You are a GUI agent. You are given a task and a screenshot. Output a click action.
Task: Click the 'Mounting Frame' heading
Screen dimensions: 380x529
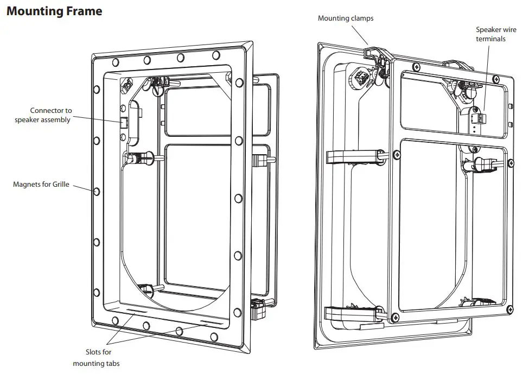coord(54,11)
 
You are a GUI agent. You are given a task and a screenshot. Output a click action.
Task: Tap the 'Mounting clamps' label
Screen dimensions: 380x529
coord(345,18)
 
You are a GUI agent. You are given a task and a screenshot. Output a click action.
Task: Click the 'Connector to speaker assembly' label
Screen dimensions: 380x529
coord(43,115)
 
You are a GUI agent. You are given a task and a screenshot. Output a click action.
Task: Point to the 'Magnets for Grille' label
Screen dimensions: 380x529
coord(41,185)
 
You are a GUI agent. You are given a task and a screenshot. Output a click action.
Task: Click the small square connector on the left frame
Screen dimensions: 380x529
coord(123,122)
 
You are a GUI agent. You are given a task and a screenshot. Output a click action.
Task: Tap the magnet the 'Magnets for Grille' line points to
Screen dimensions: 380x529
coord(97,192)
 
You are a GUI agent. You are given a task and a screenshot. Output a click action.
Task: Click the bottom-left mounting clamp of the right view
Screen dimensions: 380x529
coord(347,314)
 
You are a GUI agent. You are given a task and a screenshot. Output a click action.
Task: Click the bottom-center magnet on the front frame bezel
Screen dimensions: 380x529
coord(146,326)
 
